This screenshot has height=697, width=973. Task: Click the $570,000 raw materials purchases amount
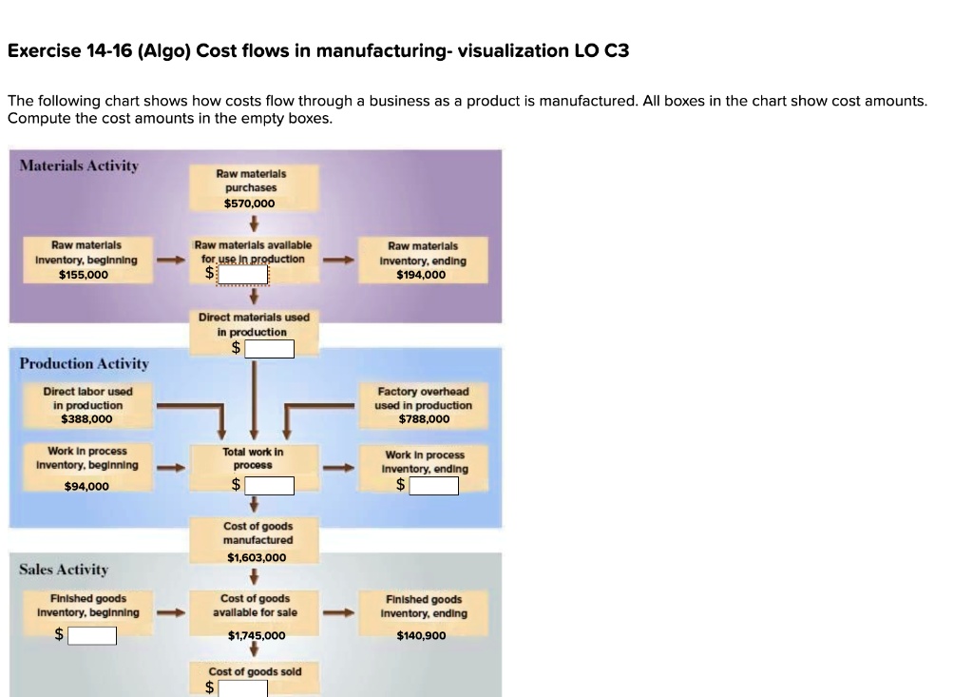250,203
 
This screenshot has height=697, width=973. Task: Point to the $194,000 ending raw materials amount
423,275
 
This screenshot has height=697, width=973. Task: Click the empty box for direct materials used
269,349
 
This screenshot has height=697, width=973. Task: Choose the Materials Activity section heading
79,165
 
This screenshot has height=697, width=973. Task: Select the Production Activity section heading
84,363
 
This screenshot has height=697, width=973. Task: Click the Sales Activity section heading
64,569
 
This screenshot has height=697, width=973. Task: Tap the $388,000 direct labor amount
86,418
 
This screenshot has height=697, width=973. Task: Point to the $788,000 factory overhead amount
424,418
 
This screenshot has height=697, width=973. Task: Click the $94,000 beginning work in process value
86,486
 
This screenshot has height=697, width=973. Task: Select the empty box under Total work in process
269,486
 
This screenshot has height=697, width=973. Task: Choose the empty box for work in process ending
433,486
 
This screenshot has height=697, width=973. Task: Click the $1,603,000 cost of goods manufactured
257,558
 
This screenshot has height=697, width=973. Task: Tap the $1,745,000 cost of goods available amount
257,635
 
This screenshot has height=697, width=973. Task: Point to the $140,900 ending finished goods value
422,635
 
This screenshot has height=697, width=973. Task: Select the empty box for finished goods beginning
91,635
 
